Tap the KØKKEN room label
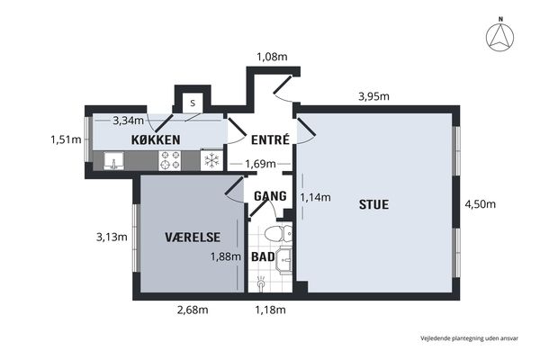tap(156, 139)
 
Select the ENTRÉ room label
tap(270, 139)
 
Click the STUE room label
tap(373, 204)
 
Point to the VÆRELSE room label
tap(193, 237)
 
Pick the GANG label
tap(270, 196)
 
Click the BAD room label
tap(263, 256)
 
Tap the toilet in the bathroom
tap(278, 234)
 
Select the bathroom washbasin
tap(284, 260)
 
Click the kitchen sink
tap(113, 160)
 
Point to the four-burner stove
tap(170, 160)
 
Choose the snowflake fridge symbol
tap(211, 160)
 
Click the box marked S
tap(193, 103)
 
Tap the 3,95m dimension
tap(373, 96)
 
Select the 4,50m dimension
tap(480, 204)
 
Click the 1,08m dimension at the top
tap(272, 57)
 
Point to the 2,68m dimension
tap(193, 310)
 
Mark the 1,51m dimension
tap(66, 139)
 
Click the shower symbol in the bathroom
tap(261, 283)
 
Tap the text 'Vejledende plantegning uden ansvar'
tap(469, 338)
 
